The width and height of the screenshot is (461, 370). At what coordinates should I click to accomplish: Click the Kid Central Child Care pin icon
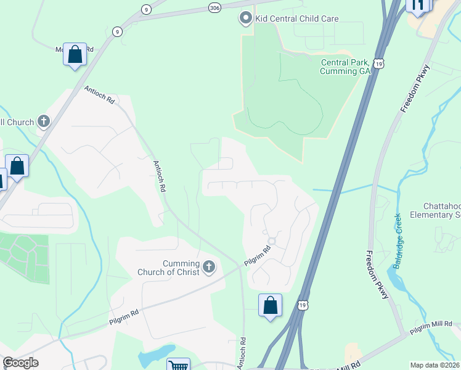click(x=246, y=18)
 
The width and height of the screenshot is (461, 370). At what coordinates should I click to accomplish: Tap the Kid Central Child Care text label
click(x=296, y=18)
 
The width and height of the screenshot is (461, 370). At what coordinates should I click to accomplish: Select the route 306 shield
click(x=214, y=7)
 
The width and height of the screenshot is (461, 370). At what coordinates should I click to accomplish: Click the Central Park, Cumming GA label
click(x=345, y=67)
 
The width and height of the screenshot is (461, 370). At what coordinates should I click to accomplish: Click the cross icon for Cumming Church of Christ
click(x=209, y=267)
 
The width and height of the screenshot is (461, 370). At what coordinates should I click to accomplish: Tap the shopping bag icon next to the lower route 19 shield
click(x=270, y=305)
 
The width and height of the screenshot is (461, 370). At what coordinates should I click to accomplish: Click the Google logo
click(x=20, y=363)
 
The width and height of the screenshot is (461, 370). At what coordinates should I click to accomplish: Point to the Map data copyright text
click(x=434, y=365)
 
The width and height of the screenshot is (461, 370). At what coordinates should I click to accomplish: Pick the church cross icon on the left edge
click(x=43, y=121)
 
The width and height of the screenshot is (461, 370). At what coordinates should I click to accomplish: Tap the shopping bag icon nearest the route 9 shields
click(x=75, y=54)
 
